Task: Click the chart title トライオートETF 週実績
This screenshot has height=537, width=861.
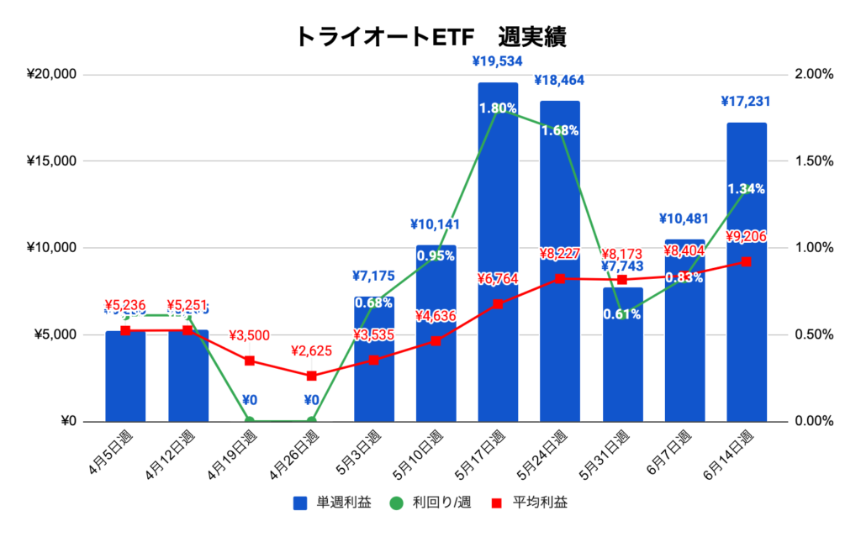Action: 430,36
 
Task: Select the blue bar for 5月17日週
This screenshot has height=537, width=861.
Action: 498,252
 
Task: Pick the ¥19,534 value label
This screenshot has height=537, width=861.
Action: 498,61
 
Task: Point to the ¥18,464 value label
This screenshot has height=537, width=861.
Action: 560,81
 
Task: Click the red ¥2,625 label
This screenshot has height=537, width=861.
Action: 311,351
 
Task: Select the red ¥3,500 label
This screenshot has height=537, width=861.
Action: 249,336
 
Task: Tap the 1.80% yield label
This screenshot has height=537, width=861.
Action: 498,108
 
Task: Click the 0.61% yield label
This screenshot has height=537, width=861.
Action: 622,314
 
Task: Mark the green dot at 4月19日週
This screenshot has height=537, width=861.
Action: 250,421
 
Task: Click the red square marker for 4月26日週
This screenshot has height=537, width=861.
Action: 312,376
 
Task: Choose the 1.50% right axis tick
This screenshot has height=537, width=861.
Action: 813,161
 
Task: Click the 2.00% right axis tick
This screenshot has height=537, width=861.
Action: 813,74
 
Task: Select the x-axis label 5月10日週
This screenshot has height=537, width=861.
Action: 426,454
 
